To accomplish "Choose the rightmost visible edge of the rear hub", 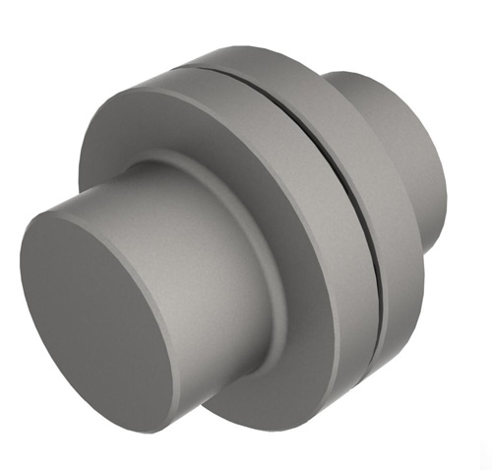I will tap(454, 168).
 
